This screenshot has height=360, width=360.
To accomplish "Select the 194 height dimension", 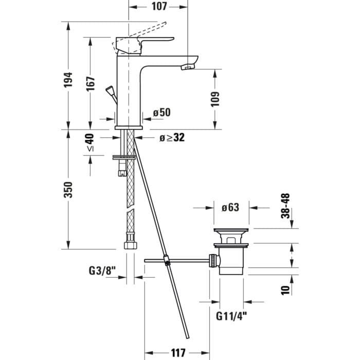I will click(x=69, y=79).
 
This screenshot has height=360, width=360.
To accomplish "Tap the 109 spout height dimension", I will click(x=215, y=99).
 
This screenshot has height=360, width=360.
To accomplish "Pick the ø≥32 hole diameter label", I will click(x=172, y=137).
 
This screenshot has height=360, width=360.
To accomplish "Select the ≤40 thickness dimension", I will click(x=91, y=142).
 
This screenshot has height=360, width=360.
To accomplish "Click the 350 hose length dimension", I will click(x=69, y=189).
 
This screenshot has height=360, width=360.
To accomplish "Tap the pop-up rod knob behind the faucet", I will click(x=110, y=91).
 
